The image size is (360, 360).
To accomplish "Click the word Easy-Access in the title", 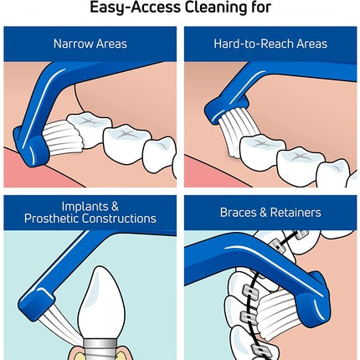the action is click(x=136, y=8).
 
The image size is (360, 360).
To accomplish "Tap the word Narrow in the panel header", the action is click(x=74, y=44).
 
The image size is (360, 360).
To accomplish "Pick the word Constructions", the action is click(x=119, y=219).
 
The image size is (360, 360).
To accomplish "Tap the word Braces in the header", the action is click(x=238, y=213).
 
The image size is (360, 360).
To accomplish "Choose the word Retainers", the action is click(x=296, y=213).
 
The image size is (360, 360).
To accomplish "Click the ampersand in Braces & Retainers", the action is click(x=263, y=213).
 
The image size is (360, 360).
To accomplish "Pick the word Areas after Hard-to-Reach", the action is click(x=311, y=44).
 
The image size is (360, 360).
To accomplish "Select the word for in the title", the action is click(x=261, y=7).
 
